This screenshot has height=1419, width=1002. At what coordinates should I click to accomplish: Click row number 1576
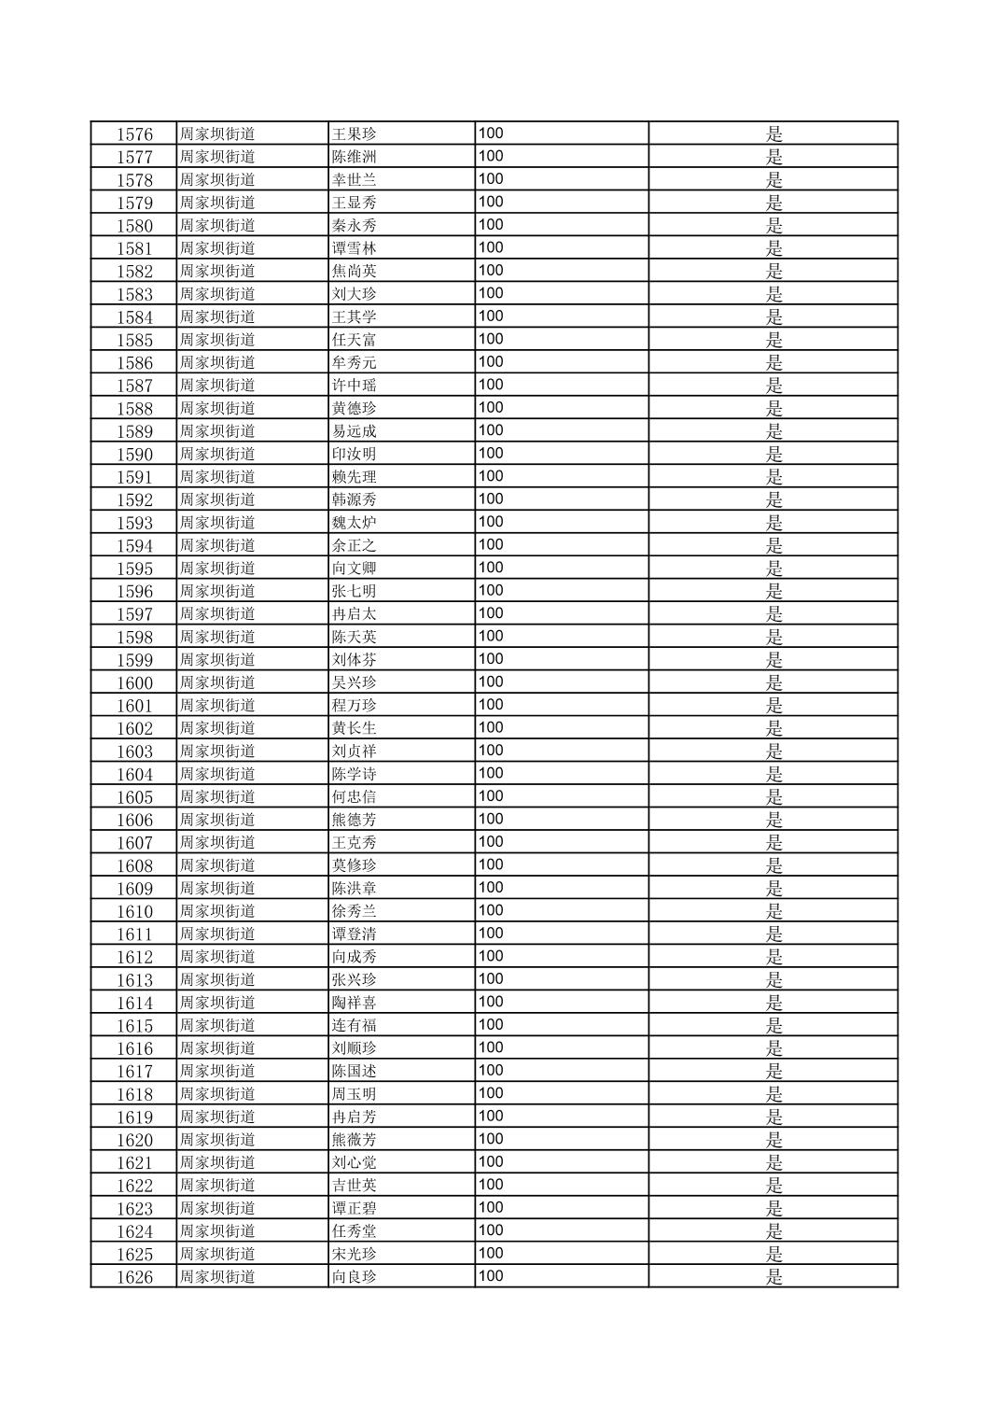[x=134, y=134]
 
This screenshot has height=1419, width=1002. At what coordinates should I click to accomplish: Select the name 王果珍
[x=355, y=134]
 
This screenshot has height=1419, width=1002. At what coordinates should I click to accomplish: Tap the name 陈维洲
[x=355, y=157]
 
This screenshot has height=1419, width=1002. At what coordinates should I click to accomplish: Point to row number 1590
[x=134, y=455]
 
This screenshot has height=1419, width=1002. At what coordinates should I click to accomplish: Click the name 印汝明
[x=355, y=455]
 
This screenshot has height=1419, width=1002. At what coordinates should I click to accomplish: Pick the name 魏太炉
[x=355, y=523]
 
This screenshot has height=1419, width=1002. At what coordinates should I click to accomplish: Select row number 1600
[x=134, y=683]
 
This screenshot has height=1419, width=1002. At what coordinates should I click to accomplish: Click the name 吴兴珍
[x=355, y=683]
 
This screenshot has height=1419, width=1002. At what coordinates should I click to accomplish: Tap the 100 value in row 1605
[x=491, y=796]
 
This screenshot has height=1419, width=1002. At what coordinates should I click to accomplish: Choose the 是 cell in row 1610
[x=774, y=912]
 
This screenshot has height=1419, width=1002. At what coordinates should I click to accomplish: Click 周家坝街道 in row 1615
[x=217, y=1026]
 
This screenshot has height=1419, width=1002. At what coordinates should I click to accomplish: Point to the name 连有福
[x=355, y=1026]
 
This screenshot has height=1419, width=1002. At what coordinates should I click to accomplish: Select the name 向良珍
[x=355, y=1277]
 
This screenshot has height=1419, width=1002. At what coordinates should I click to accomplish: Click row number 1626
[x=134, y=1277]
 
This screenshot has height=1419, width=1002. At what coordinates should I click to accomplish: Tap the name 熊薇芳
[x=355, y=1140]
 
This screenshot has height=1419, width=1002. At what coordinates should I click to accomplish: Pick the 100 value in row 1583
[x=491, y=293]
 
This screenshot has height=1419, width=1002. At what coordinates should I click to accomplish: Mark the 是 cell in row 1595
[x=774, y=569]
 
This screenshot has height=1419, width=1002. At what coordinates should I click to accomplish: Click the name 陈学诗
[x=355, y=774]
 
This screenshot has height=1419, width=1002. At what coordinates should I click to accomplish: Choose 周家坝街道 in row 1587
[x=217, y=386]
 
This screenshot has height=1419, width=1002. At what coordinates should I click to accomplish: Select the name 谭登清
[x=355, y=934]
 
